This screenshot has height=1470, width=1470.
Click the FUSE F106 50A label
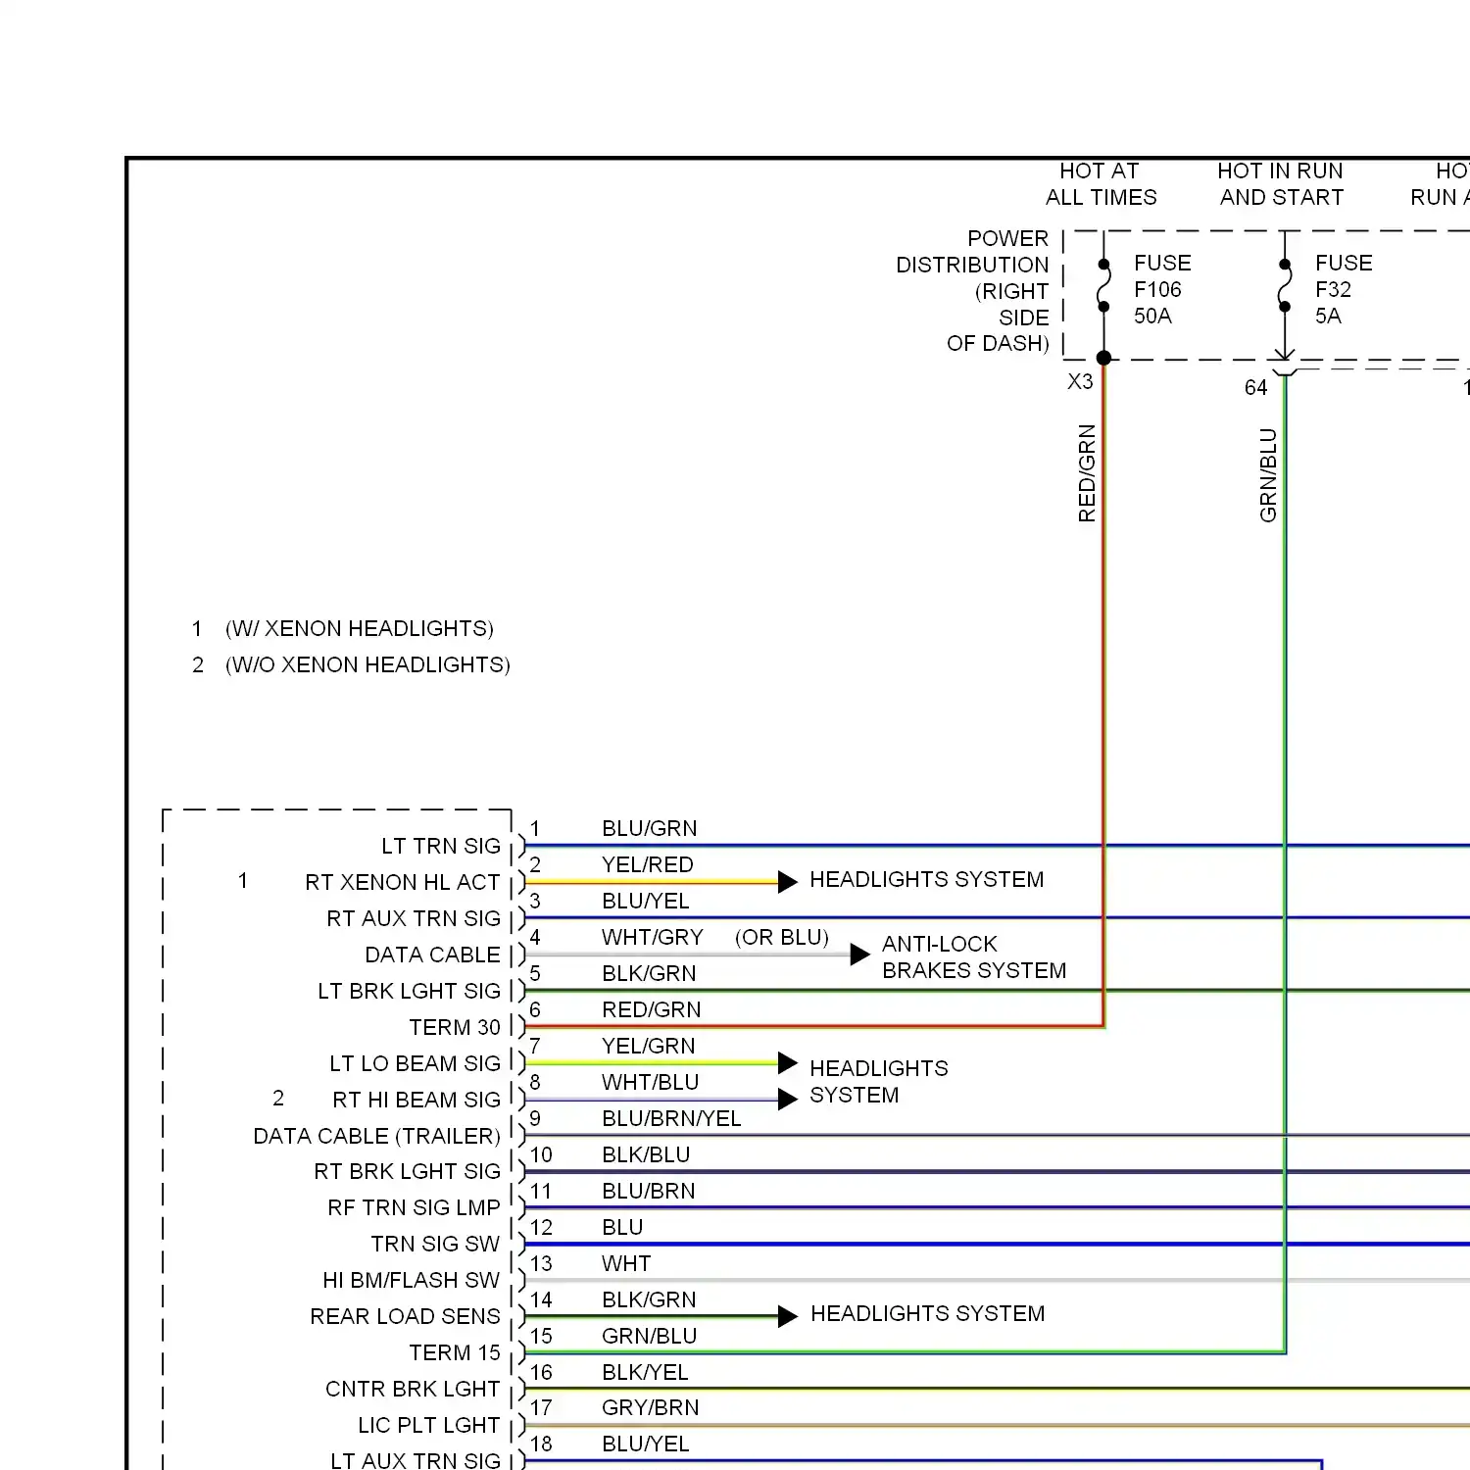pyautogui.click(x=1161, y=289)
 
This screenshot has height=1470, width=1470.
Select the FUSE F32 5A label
pyautogui.click(x=1343, y=289)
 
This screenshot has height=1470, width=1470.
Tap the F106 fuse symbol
pyautogui.click(x=1103, y=285)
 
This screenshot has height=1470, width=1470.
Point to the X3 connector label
pyautogui.click(x=1080, y=381)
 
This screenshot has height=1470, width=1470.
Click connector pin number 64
pyautogui.click(x=1255, y=387)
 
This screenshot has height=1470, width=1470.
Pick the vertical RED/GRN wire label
pyautogui.click(x=1087, y=472)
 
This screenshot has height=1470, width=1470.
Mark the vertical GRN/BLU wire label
pyautogui.click(x=1268, y=474)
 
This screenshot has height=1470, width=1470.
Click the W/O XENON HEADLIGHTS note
pyautogui.click(x=367, y=664)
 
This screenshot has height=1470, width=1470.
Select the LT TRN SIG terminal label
pyautogui.click(x=440, y=846)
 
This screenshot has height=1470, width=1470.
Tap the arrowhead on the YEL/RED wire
pyautogui.click(x=787, y=882)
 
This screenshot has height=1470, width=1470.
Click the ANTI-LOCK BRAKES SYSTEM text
pyautogui.click(x=973, y=956)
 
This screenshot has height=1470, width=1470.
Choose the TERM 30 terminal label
pyautogui.click(x=454, y=1027)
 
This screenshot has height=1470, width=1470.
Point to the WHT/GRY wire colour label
pyautogui.click(x=652, y=937)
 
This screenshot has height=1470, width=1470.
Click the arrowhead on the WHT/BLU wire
pyautogui.click(x=787, y=1100)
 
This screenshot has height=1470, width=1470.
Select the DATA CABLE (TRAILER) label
pyautogui.click(x=376, y=1136)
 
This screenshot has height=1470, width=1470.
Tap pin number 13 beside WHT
pyautogui.click(x=541, y=1263)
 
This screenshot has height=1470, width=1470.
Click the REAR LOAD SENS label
pyautogui.click(x=405, y=1316)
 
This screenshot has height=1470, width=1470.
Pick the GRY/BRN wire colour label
pyautogui.click(x=650, y=1407)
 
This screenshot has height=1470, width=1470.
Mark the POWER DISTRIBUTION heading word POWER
pyautogui.click(x=1007, y=238)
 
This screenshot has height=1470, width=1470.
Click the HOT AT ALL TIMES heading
pyautogui.click(x=1101, y=184)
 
